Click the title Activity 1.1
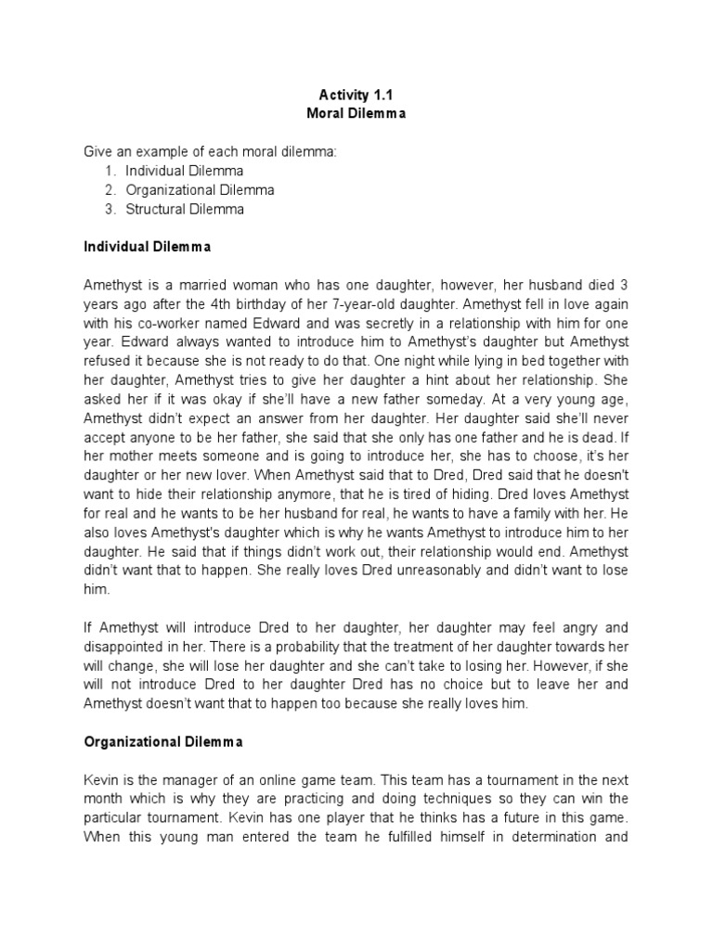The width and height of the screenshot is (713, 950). pos(356,95)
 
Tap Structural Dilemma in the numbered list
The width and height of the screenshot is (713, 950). pos(185,209)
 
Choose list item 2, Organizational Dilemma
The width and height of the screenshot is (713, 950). pos(200,190)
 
